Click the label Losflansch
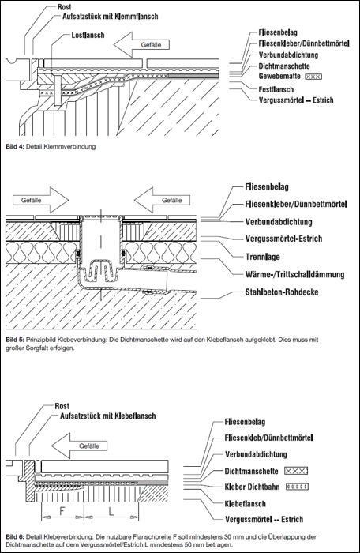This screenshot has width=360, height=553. (88, 35)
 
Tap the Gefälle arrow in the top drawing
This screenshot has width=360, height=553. (141, 45)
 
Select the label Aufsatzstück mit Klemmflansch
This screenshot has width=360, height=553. (110, 17)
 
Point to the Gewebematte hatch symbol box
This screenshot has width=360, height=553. (313, 76)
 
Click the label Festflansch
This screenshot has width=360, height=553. (276, 89)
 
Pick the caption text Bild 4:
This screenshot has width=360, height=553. (15, 146)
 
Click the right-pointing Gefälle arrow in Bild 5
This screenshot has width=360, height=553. (41, 200)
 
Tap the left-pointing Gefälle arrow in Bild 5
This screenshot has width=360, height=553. (162, 200)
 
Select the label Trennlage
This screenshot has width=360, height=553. (263, 257)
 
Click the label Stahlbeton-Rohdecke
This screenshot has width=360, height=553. (282, 292)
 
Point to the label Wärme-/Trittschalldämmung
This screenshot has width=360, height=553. (294, 274)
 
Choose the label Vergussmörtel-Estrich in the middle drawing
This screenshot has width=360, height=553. (284, 239)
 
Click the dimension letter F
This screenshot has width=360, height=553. (62, 510)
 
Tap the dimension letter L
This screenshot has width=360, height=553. (111, 510)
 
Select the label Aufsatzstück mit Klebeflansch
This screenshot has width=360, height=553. (108, 416)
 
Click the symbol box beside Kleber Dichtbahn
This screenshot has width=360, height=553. (297, 487)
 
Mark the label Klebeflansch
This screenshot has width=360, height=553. (245, 504)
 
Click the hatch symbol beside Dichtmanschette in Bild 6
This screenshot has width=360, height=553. (296, 471)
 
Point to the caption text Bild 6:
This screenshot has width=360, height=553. (15, 537)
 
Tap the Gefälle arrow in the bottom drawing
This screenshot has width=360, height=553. (83, 446)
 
